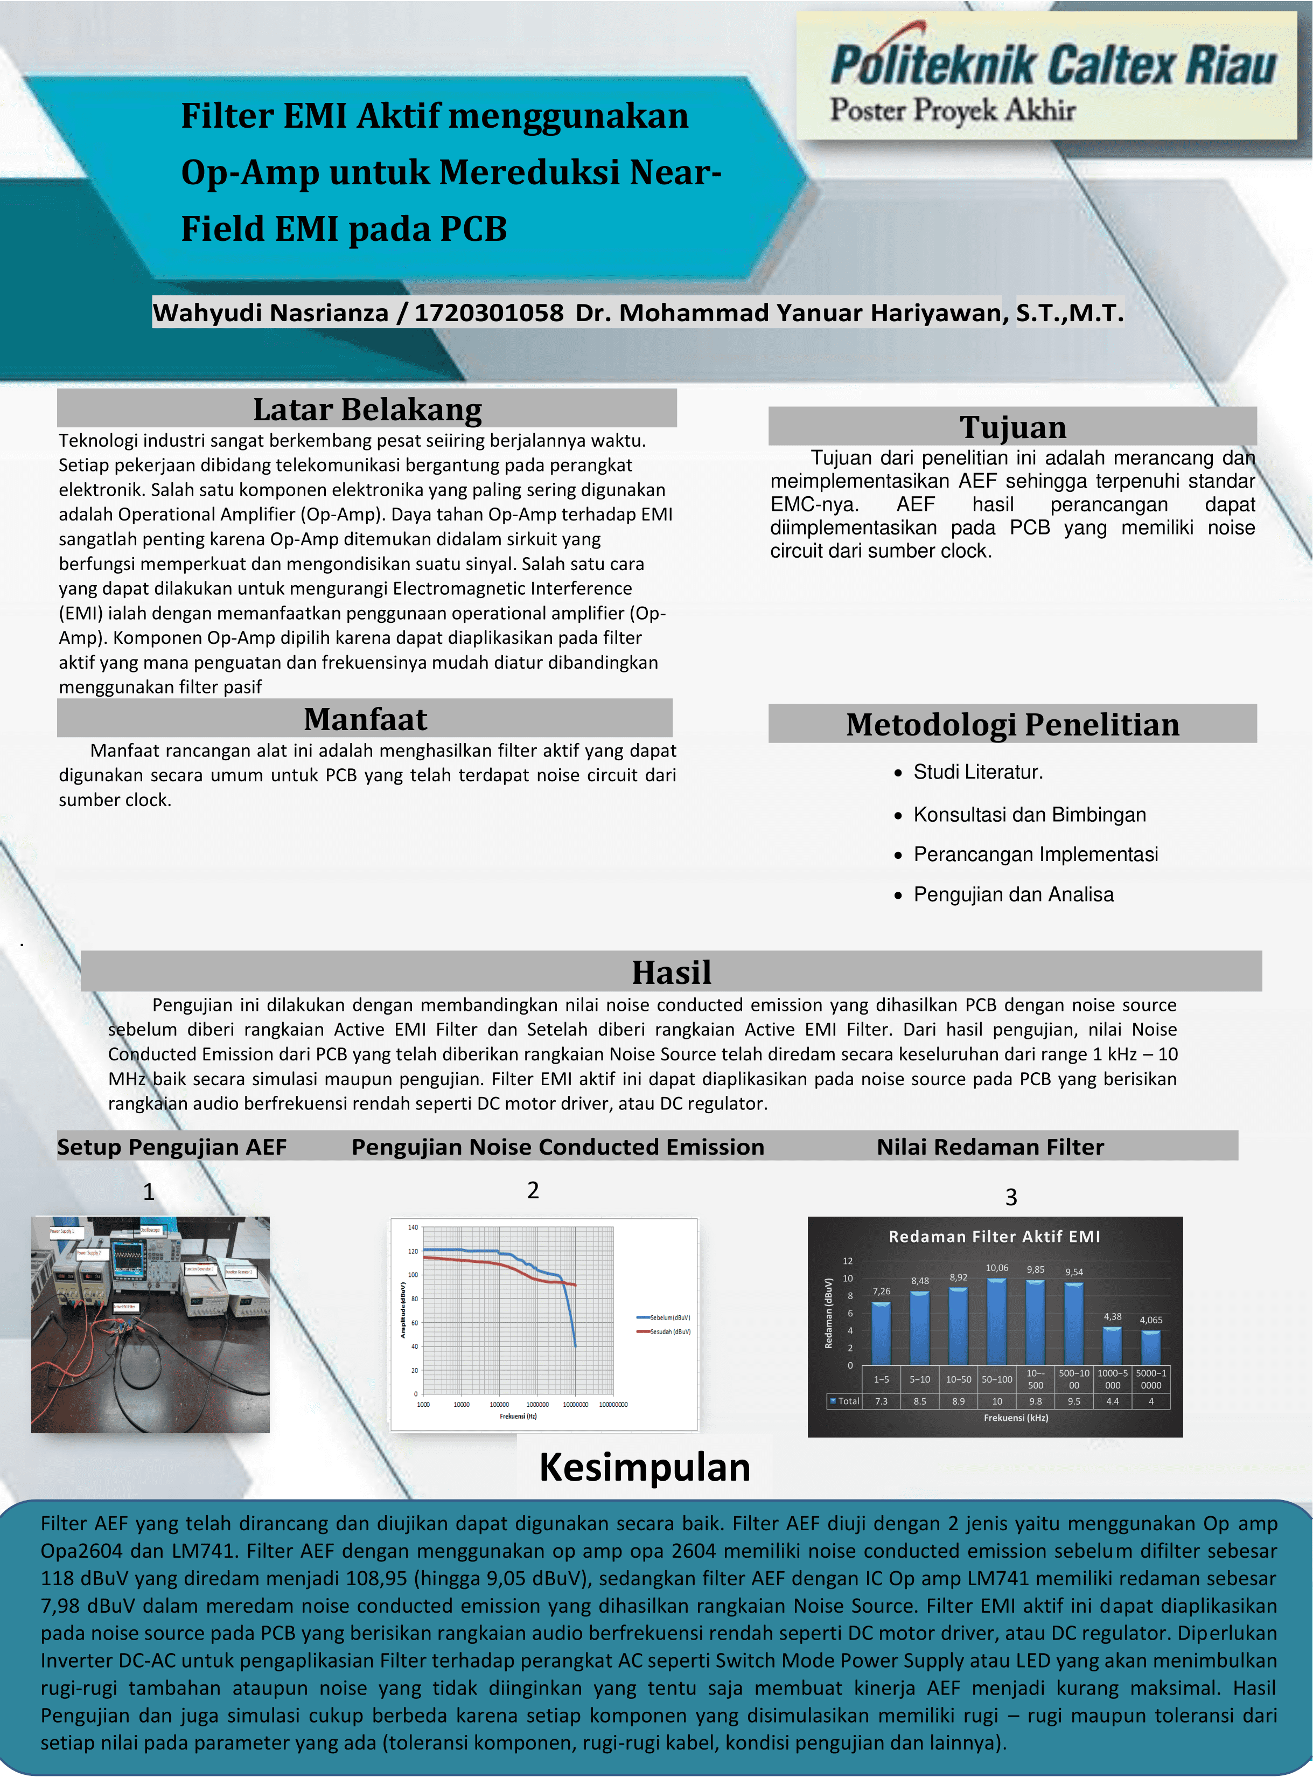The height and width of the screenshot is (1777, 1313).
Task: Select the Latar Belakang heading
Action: [x=367, y=409]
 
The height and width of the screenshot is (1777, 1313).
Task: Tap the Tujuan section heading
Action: [x=1012, y=427]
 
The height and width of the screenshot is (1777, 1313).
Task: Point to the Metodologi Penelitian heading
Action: [x=1012, y=724]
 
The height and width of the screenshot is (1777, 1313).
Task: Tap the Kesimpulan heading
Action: [x=645, y=1467]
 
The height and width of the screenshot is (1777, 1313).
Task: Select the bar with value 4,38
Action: [x=1112, y=1345]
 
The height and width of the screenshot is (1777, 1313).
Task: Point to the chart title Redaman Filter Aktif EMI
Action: [x=994, y=1237]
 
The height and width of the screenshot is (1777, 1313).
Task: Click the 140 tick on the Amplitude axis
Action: [x=413, y=1227]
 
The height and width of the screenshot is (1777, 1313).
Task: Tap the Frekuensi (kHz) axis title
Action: [x=1015, y=1418]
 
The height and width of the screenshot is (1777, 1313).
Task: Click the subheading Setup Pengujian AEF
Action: [x=172, y=1147]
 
